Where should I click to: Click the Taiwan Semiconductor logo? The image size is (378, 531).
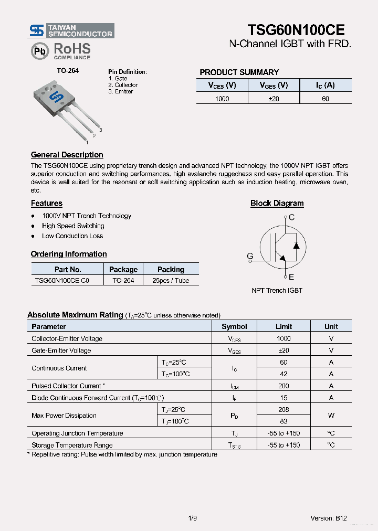pyautogui.click(x=71, y=30)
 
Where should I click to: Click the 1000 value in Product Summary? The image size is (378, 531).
pyautogui.click(x=222, y=99)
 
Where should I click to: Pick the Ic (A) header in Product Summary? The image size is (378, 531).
pyautogui.click(x=325, y=85)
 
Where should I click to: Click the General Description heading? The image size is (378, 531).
pyautogui.click(x=67, y=155)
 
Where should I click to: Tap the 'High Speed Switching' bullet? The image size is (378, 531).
pyautogui.click(x=73, y=226)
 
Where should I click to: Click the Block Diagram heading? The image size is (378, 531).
pyautogui.click(x=277, y=203)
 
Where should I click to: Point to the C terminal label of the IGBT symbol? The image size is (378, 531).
pyautogui.click(x=292, y=217)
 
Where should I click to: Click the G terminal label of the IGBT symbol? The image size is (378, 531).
pyautogui.click(x=250, y=256)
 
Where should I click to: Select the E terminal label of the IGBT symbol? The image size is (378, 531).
pyautogui.click(x=291, y=277)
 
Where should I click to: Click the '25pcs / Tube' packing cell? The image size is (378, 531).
pyautogui.click(x=171, y=281)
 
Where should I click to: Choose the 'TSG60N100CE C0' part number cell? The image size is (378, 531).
pyautogui.click(x=62, y=281)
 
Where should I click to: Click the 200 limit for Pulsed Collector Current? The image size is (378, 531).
pyautogui.click(x=283, y=386)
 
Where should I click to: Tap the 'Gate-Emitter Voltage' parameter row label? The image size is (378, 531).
pyautogui.click(x=61, y=351)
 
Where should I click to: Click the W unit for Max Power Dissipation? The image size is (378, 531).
pyautogui.click(x=331, y=416)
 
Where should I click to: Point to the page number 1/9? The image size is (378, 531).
pyautogui.click(x=192, y=518)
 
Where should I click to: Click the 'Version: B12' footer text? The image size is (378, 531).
pyautogui.click(x=328, y=518)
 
